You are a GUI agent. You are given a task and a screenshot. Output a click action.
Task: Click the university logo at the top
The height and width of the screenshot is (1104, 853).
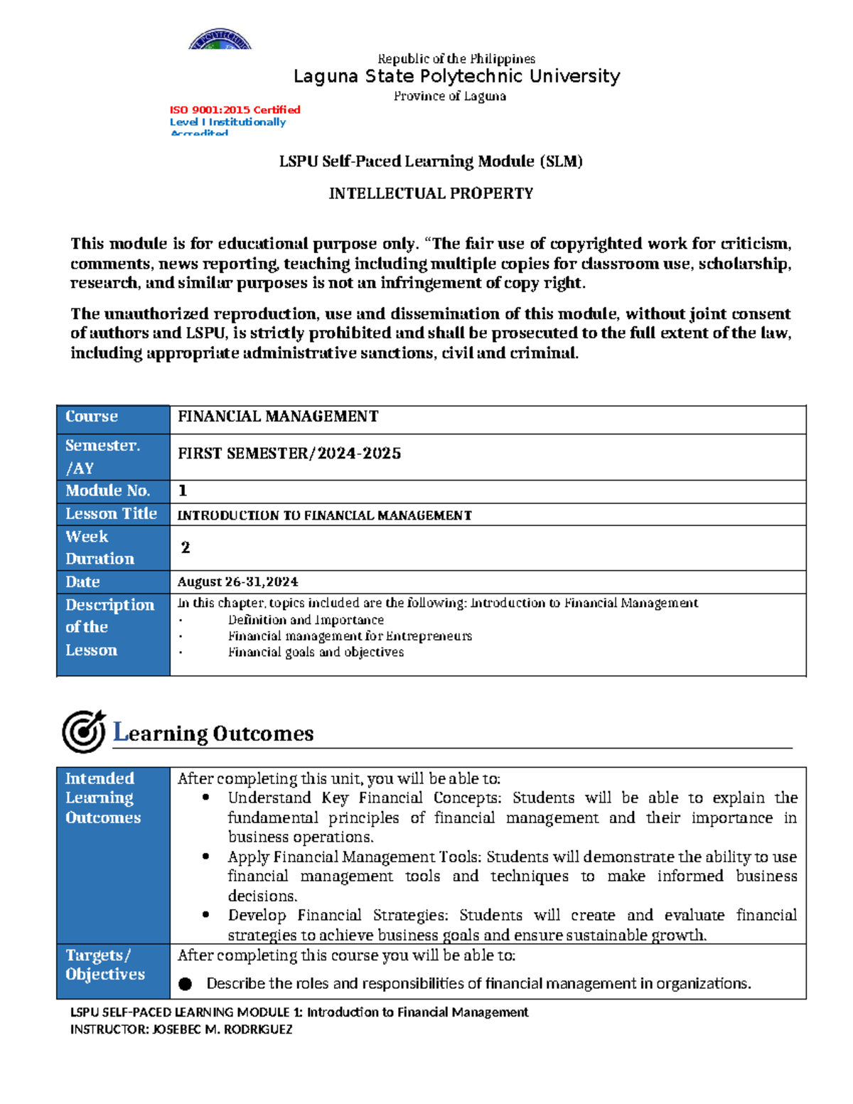coord(220,40)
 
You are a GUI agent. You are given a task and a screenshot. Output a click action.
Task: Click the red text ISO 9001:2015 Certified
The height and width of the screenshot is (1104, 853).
coord(235,109)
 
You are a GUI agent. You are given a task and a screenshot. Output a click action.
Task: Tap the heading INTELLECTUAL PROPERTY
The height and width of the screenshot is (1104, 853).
coord(431,193)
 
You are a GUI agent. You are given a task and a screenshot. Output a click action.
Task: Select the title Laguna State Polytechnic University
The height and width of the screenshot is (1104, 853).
coord(456,76)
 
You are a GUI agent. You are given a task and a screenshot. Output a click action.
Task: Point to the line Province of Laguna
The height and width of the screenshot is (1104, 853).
coord(450,96)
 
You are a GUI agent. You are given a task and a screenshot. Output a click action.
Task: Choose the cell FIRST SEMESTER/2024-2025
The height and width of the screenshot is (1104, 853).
coord(289,454)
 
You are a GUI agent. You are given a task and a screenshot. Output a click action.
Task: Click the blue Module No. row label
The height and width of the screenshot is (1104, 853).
coord(108,491)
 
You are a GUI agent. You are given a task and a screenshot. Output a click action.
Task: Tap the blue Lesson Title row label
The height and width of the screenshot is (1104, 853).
coord(111,513)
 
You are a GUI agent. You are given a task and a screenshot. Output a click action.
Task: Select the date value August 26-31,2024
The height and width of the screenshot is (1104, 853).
coord(237,582)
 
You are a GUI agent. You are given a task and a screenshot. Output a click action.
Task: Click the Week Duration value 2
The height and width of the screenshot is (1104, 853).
coord(186,547)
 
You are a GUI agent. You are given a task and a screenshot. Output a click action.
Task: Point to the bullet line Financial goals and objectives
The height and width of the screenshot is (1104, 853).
coord(316,652)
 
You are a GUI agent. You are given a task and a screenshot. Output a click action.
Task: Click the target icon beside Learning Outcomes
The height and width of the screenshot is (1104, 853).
coord(83,731)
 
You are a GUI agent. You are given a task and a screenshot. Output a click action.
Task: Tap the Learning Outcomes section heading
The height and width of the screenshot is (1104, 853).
coord(213,733)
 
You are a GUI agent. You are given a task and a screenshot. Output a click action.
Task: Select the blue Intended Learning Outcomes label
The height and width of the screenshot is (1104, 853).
coord(103,798)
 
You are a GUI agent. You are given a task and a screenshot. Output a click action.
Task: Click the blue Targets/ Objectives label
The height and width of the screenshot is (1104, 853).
coord(105,965)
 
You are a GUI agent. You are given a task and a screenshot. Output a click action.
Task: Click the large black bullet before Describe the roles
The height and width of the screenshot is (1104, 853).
coord(186,984)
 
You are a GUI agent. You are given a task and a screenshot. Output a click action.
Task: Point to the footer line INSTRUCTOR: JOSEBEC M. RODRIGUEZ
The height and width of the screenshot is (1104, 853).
coord(181,1029)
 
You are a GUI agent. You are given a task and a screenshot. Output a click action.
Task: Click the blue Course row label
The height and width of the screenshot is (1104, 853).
coord(92,417)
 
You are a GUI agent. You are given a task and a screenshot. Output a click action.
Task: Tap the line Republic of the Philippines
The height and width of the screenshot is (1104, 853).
coord(456,59)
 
